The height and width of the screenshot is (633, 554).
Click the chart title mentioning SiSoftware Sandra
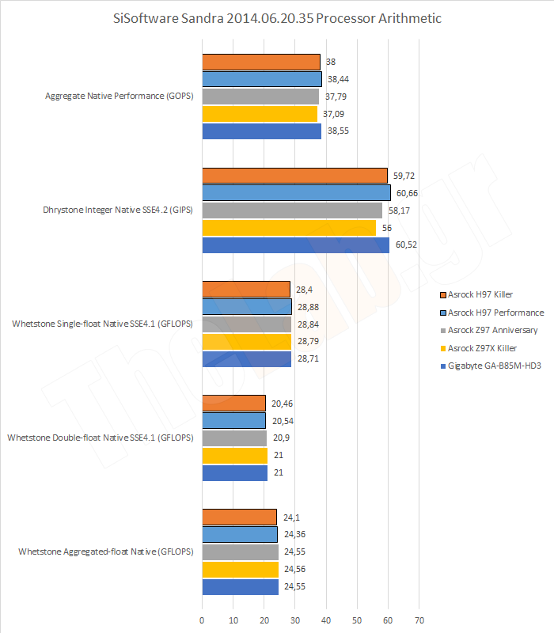[x=276, y=17]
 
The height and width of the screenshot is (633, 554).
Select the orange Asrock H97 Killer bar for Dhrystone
[x=294, y=176]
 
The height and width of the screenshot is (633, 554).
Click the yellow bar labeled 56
[x=289, y=228]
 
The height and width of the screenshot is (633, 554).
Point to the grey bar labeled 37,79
[x=260, y=97]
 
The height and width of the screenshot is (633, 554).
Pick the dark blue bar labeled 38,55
[x=261, y=131]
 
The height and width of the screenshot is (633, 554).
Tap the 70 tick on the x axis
[x=419, y=620]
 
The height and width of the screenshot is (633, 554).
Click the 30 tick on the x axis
[x=295, y=620]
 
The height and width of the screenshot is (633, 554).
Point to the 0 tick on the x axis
[x=203, y=620]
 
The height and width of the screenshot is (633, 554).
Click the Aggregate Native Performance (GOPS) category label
[x=120, y=97]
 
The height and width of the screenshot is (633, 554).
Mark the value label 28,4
[x=302, y=289]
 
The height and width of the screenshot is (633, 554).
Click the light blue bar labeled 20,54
[x=233, y=420]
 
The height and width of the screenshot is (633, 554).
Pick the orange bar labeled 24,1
[x=239, y=517]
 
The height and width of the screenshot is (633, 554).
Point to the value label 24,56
[x=294, y=570]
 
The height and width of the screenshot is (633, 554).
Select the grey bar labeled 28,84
[x=247, y=324]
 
